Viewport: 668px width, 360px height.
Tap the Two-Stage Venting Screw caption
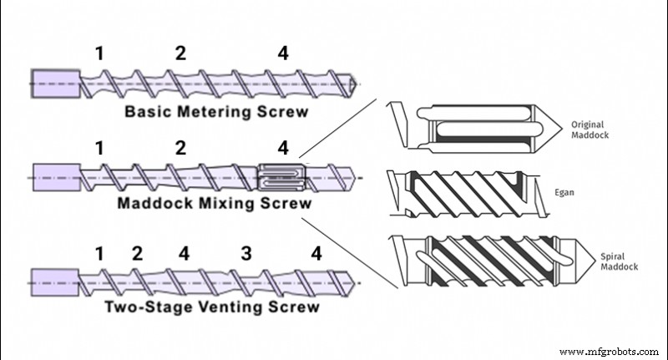point(211,307)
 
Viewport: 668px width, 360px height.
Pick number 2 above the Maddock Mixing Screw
point(180,149)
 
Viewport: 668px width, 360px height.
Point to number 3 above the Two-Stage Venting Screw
point(246,253)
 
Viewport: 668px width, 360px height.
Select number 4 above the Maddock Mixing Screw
point(284,149)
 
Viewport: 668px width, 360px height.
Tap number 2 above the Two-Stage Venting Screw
point(138,253)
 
